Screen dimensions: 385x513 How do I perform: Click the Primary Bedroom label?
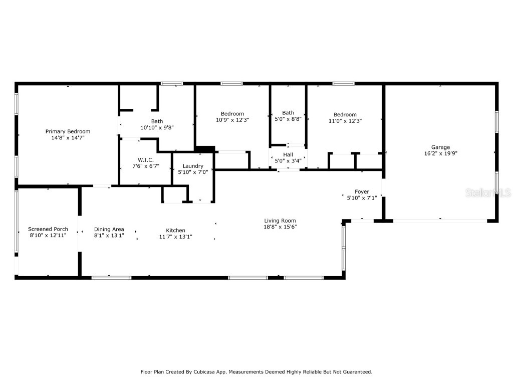(x=68, y=131)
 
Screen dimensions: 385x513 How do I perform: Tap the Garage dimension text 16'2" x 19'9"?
(x=440, y=153)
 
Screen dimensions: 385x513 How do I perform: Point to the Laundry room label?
(x=193, y=166)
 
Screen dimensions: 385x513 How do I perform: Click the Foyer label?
(x=362, y=191)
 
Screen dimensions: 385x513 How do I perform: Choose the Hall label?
(x=288, y=155)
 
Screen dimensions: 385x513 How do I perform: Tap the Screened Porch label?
(x=48, y=229)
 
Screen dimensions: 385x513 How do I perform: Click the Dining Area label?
(x=109, y=229)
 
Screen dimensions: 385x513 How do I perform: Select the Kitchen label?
(x=175, y=231)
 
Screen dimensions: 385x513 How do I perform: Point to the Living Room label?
(x=280, y=221)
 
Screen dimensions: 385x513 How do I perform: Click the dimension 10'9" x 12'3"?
(x=232, y=120)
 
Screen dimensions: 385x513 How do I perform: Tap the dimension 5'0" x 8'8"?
(x=288, y=119)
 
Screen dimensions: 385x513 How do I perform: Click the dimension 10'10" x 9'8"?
(x=157, y=127)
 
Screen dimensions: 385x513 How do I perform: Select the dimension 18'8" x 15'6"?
(x=280, y=227)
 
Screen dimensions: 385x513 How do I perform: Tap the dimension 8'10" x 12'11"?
(x=48, y=235)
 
